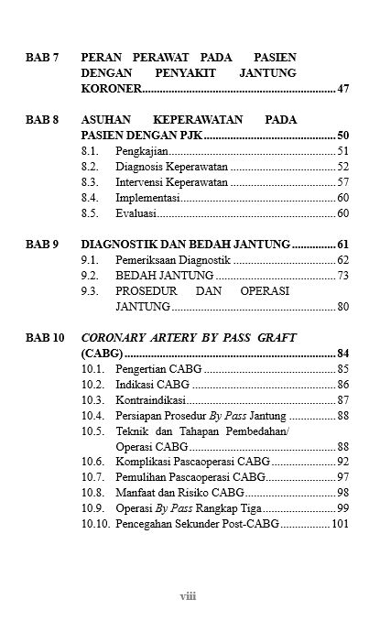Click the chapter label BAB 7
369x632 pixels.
[41, 58]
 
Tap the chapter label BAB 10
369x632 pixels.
[45, 337]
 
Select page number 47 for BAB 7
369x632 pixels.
[343, 89]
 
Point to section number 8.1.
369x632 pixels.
[90, 150]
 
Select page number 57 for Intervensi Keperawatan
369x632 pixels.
[343, 181]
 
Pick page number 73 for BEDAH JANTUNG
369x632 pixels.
[343, 275]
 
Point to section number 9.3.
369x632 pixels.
[90, 290]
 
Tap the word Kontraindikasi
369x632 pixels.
[151, 399]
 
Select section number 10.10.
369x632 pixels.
[95, 524]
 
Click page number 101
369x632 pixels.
[341, 524]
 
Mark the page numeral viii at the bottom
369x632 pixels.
[188, 596]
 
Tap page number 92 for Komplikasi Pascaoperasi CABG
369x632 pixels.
[343, 462]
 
